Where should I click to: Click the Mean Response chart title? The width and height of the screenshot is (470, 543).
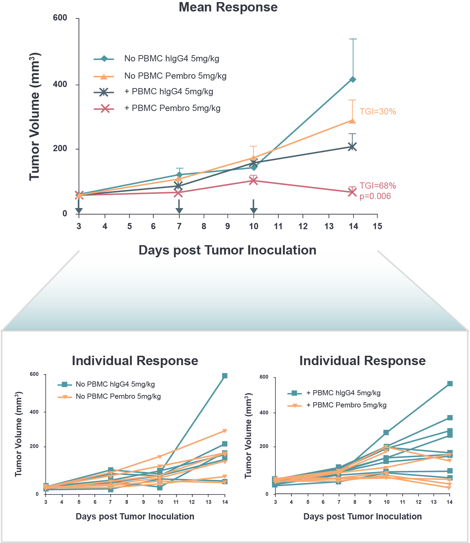(228, 7)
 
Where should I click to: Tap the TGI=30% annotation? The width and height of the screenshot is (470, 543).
(378, 112)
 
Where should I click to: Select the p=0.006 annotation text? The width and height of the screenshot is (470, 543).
(375, 196)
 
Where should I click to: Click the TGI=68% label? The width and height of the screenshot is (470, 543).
(378, 186)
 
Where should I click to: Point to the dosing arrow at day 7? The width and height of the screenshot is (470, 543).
(179, 207)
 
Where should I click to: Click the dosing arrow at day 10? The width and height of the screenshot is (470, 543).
(254, 207)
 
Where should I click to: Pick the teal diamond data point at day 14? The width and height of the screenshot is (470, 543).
(352, 79)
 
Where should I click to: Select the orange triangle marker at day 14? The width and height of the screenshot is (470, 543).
(352, 121)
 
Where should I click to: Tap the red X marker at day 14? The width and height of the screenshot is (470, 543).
(352, 192)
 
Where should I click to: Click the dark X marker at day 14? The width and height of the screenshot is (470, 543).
(352, 147)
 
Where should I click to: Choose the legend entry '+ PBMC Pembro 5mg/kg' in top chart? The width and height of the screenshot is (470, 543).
(172, 109)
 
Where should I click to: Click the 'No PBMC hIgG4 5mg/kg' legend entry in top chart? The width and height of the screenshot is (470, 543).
(171, 59)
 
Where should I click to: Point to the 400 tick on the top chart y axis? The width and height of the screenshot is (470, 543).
(60, 84)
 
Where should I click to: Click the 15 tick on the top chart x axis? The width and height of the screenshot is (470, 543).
(377, 226)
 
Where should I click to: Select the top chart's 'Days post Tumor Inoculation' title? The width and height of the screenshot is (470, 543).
(227, 250)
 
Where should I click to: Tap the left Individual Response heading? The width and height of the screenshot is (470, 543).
(135, 361)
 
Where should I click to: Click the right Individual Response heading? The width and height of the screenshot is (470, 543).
(362, 361)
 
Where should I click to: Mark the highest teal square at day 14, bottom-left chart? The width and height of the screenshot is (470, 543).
(225, 376)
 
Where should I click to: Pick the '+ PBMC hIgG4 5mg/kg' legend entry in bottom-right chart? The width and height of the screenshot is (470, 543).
(343, 393)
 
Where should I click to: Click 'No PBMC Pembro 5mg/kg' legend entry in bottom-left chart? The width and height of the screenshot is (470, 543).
(118, 397)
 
